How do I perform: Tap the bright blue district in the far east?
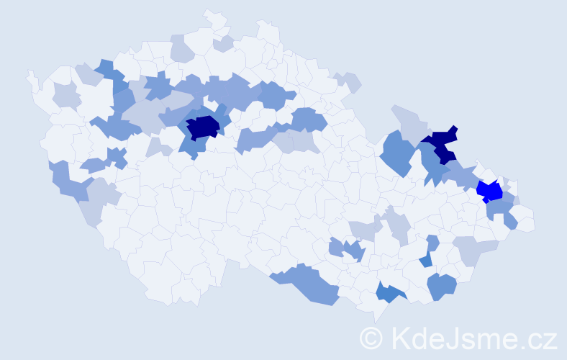click(x=490, y=191)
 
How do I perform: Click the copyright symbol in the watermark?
click(x=372, y=338)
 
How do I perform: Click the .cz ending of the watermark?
click(x=538, y=338)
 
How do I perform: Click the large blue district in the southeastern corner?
click(x=441, y=286)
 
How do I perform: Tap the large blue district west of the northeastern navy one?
click(x=398, y=152)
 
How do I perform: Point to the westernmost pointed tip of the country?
click(x=29, y=73)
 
